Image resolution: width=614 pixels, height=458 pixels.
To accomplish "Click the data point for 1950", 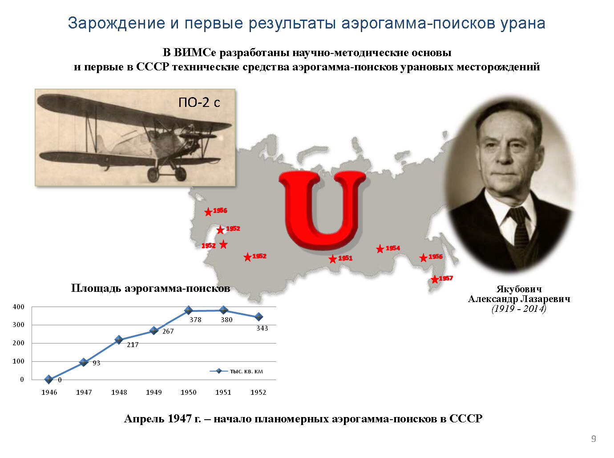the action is click(189, 310).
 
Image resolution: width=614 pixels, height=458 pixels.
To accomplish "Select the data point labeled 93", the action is click(84, 362).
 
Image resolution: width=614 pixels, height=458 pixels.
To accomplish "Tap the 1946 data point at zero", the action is click(49, 379).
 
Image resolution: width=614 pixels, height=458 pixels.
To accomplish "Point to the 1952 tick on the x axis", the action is click(258, 393).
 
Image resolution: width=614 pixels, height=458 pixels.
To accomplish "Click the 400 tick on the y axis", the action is click(19, 307).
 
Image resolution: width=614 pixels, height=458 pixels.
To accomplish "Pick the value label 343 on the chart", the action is click(262, 328).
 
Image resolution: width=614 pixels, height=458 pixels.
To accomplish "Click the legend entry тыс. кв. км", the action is click(236, 371).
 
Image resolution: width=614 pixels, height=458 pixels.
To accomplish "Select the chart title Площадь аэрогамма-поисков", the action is click(150, 288).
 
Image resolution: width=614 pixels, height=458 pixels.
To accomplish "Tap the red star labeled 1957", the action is click(435, 279).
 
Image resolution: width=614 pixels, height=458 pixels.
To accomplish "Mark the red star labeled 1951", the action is click(332, 259).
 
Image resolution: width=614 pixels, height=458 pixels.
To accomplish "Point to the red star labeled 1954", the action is click(380, 249).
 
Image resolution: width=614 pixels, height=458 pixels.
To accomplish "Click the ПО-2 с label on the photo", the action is click(199, 102).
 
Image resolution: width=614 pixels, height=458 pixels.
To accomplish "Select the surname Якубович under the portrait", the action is click(519, 289).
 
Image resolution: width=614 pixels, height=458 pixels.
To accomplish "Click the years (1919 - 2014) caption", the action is click(519, 309).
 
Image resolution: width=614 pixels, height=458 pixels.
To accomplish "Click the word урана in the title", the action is click(523, 23).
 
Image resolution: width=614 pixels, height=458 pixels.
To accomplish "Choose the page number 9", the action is click(594, 438).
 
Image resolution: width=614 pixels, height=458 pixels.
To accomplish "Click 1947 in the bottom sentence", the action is click(180, 418).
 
